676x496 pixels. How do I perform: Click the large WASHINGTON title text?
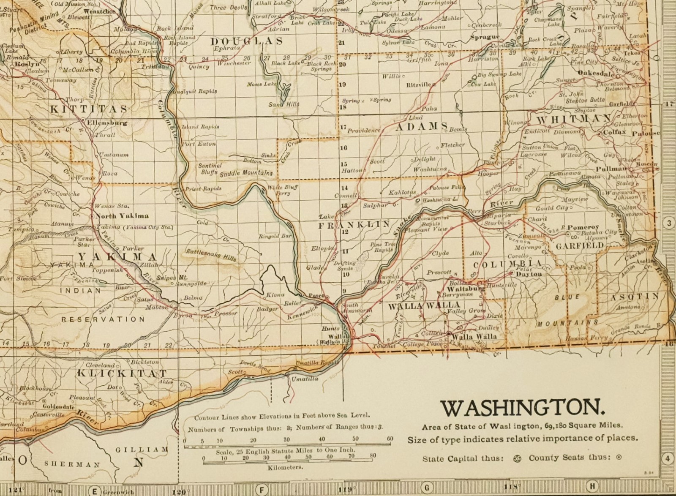click(523, 408)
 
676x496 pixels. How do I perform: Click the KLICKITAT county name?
click(122, 373)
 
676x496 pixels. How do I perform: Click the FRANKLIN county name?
click(354, 225)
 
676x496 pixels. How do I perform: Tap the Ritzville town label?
click(418, 84)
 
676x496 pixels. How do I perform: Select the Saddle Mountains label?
click(246, 173)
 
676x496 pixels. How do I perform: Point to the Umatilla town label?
click(305, 379)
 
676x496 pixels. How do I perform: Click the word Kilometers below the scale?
click(285, 468)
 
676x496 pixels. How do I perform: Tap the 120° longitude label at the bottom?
click(179, 491)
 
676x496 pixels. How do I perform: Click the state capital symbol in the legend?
click(517, 458)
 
